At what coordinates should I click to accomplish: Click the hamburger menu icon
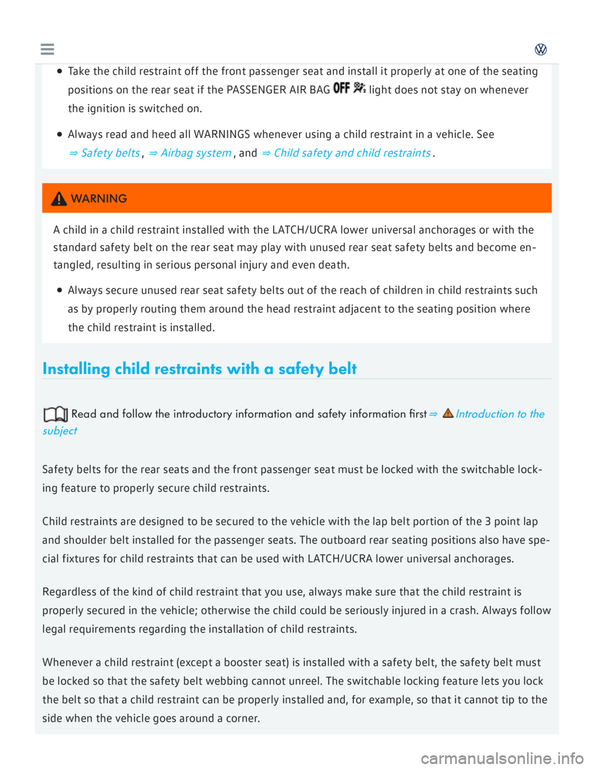(x=47, y=50)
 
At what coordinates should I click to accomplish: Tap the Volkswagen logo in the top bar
(x=541, y=50)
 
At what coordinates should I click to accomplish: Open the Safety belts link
(x=105, y=153)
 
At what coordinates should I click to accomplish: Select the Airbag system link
(x=190, y=153)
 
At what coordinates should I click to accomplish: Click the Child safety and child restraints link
(x=346, y=153)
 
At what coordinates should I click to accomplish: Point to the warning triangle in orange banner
(x=59, y=199)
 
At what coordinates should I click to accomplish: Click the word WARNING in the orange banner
(x=99, y=199)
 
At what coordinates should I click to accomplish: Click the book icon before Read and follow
(x=55, y=414)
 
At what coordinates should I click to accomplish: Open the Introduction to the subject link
(x=500, y=414)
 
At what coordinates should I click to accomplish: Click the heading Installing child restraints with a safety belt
(x=199, y=369)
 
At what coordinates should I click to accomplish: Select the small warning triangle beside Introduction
(x=448, y=414)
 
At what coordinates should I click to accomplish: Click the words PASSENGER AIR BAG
(x=278, y=90)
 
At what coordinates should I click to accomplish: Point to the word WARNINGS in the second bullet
(x=222, y=134)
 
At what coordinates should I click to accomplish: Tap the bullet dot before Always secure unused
(x=59, y=290)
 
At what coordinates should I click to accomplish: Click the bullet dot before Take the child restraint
(x=59, y=71)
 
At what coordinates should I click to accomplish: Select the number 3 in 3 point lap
(x=488, y=521)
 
